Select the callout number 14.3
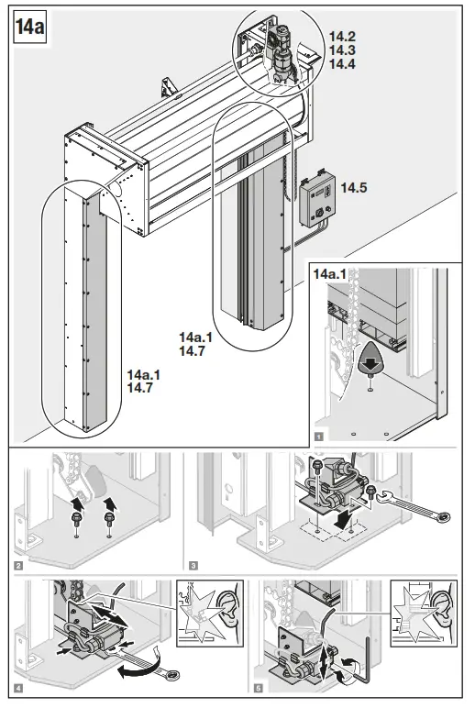tap(342, 50)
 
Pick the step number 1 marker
tap(317, 437)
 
